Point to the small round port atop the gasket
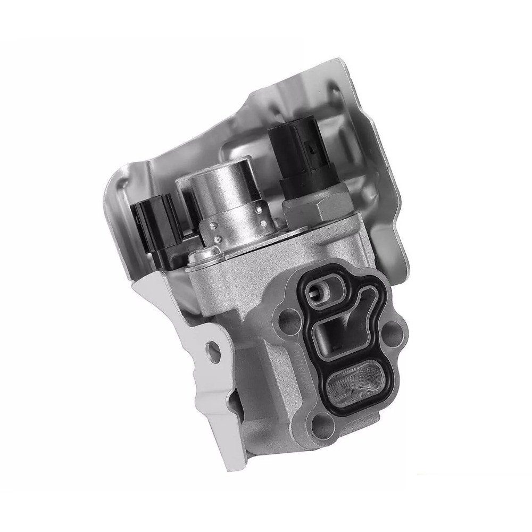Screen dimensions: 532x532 (x=319, y=290)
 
